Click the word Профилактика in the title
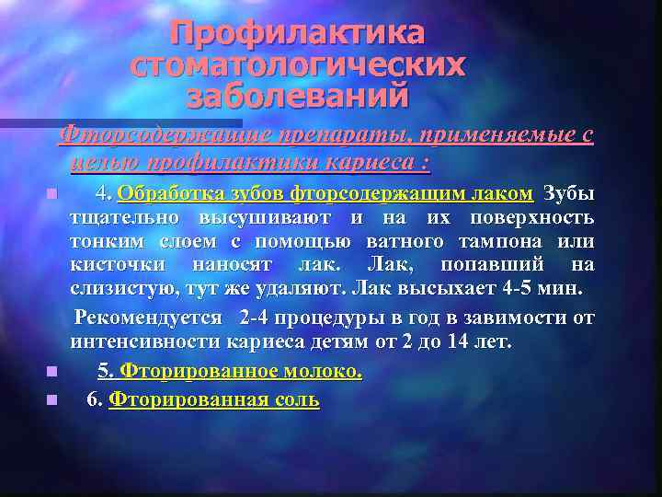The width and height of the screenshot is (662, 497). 298,34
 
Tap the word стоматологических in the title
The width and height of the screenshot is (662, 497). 298,65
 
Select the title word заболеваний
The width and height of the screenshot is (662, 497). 297,95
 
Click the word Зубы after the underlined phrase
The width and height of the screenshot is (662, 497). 568,193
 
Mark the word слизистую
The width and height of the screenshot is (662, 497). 118,289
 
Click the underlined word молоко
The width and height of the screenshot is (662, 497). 315,372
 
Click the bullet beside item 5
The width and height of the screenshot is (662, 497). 53,373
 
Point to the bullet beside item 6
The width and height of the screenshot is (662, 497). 53,400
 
